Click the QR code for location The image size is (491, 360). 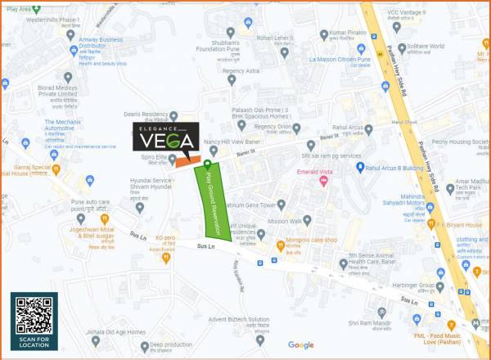[x=34, y=315]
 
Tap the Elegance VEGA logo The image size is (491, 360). [x=164, y=142]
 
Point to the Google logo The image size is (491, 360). [x=300, y=345]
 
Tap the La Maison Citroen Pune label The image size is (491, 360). [x=339, y=59]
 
